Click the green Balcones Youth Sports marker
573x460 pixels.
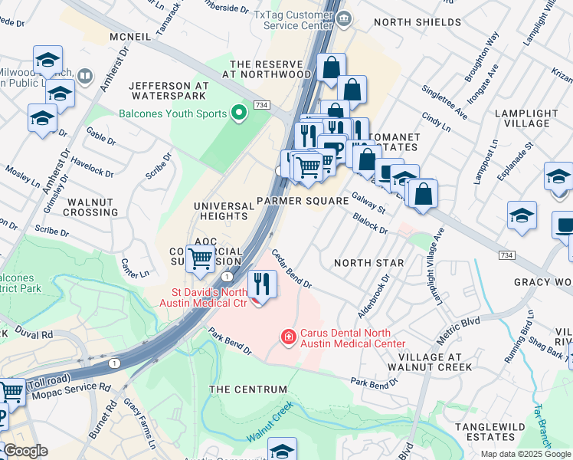click(238, 114)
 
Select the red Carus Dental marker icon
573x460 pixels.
click(288, 336)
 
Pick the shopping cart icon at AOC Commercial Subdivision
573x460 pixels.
click(201, 259)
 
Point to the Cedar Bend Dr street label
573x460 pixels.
click(291, 269)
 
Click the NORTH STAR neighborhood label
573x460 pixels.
click(368, 263)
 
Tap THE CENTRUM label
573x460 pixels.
click(246, 389)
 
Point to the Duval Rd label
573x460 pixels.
click(35, 335)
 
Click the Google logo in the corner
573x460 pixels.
click(26, 452)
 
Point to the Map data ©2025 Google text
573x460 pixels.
click(526, 454)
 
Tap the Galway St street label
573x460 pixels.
click(368, 202)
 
